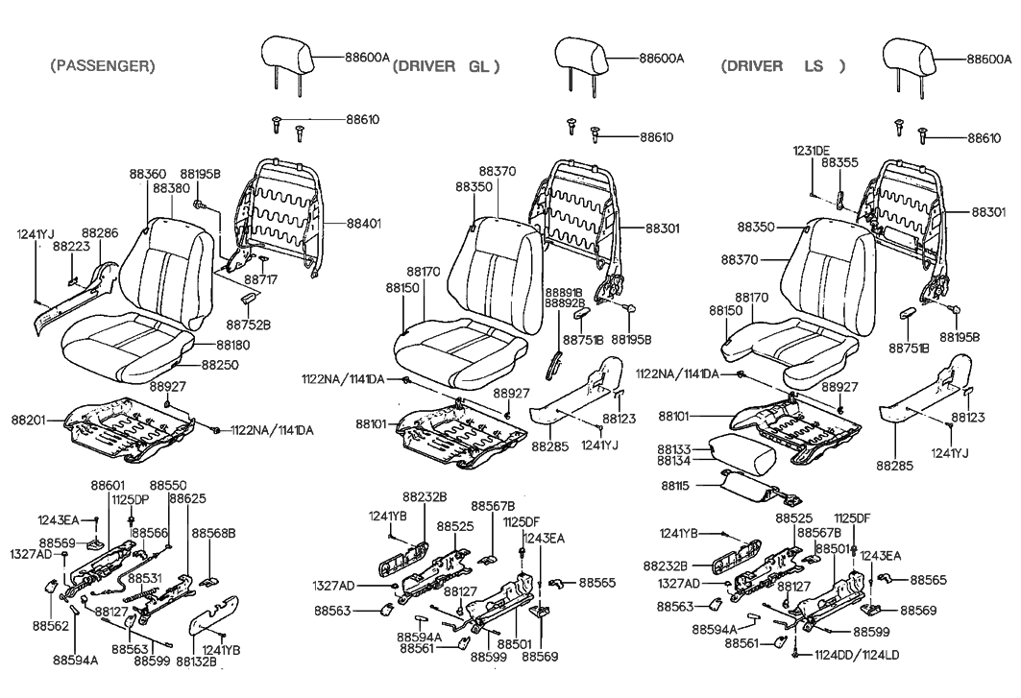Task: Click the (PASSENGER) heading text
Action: click(102, 66)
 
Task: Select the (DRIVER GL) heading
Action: click(447, 66)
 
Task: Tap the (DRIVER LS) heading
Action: click(782, 66)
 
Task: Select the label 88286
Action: click(100, 232)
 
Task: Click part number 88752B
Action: click(253, 325)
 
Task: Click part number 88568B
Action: click(213, 532)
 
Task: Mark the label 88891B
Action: click(566, 290)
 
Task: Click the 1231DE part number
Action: click(812, 151)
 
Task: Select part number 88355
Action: click(839, 163)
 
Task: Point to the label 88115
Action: click(680, 487)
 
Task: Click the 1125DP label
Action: click(129, 499)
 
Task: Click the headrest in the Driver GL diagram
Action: click(582, 56)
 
